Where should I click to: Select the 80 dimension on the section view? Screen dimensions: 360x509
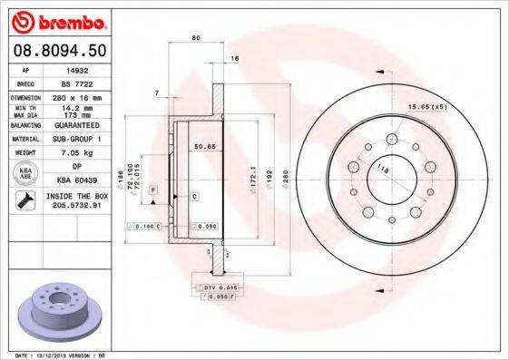[x=196, y=38]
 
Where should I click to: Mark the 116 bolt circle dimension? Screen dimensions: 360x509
[x=382, y=169]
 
